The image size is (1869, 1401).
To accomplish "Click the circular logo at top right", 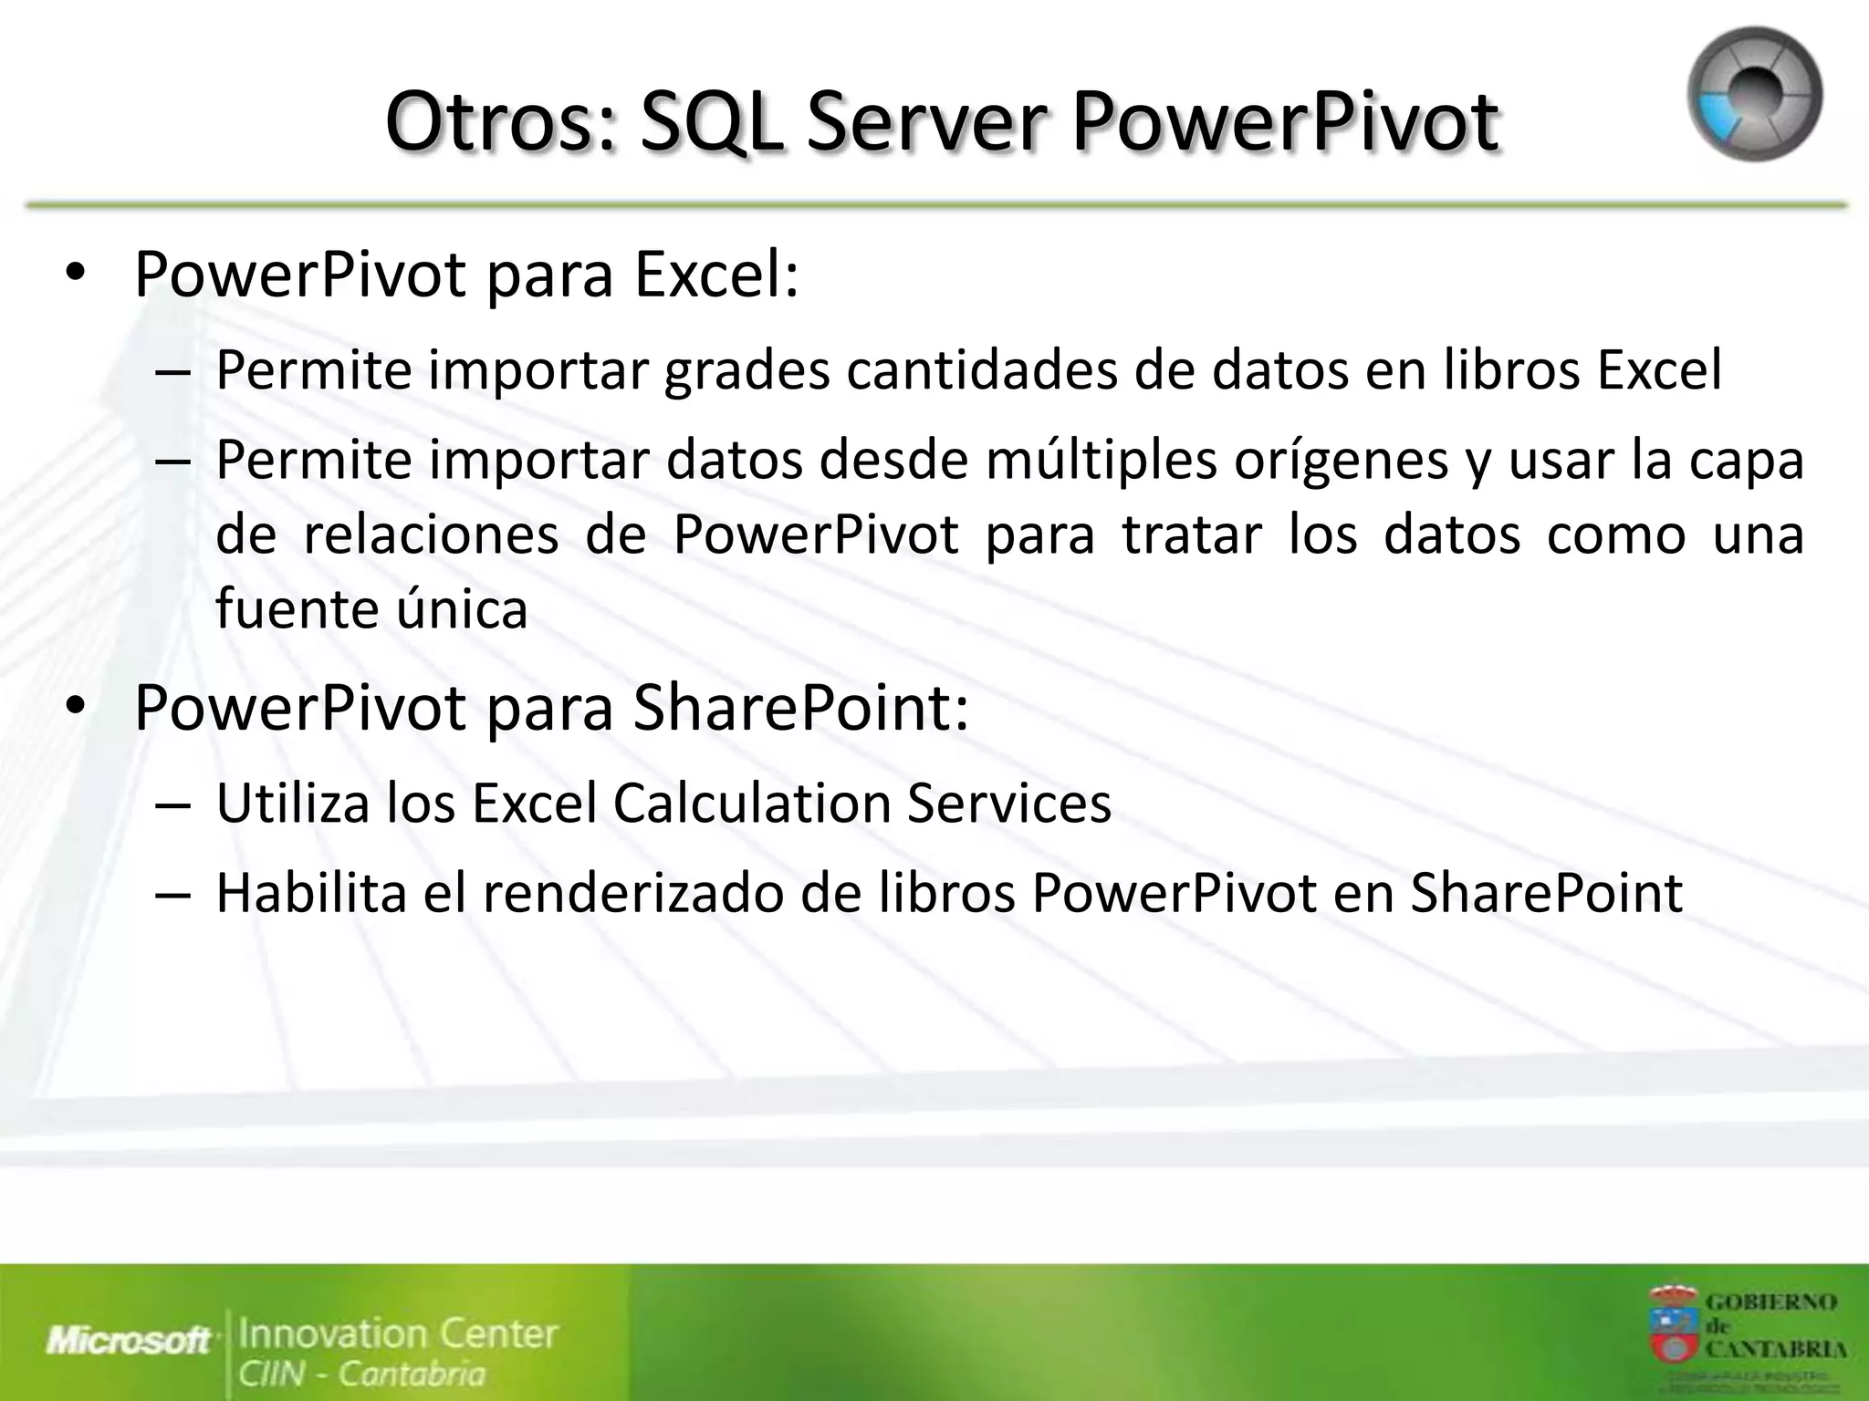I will tap(1754, 94).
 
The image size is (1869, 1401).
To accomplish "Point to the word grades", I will tap(747, 370).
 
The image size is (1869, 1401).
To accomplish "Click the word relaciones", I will tap(430, 534).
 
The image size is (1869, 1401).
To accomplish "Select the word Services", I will tap(1008, 804).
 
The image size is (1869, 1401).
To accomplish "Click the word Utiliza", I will tap(292, 804).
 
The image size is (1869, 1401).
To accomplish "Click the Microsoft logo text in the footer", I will tap(129, 1340).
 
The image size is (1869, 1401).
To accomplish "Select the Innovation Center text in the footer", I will tap(398, 1334).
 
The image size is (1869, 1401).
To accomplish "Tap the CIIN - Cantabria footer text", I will tap(361, 1374).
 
